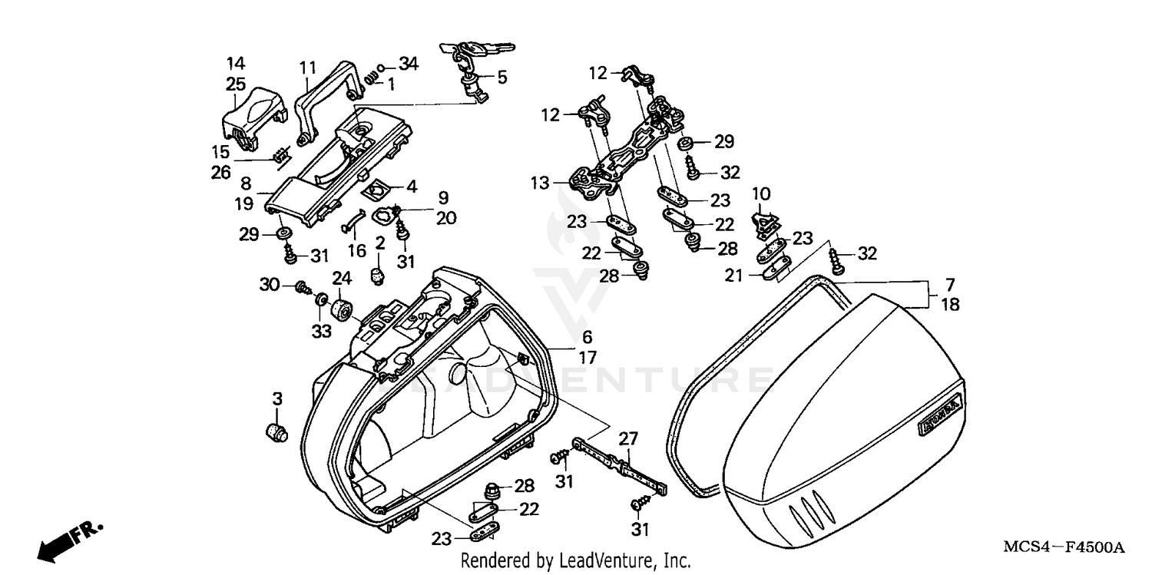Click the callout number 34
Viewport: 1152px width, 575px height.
pos(408,64)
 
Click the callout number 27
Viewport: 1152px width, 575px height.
pos(628,439)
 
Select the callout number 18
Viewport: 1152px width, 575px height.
pos(950,305)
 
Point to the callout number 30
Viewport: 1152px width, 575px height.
pos(267,285)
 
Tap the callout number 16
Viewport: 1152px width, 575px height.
pos(356,251)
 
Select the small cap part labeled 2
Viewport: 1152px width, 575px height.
pos(377,273)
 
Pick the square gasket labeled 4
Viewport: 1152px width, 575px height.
pos(378,187)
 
